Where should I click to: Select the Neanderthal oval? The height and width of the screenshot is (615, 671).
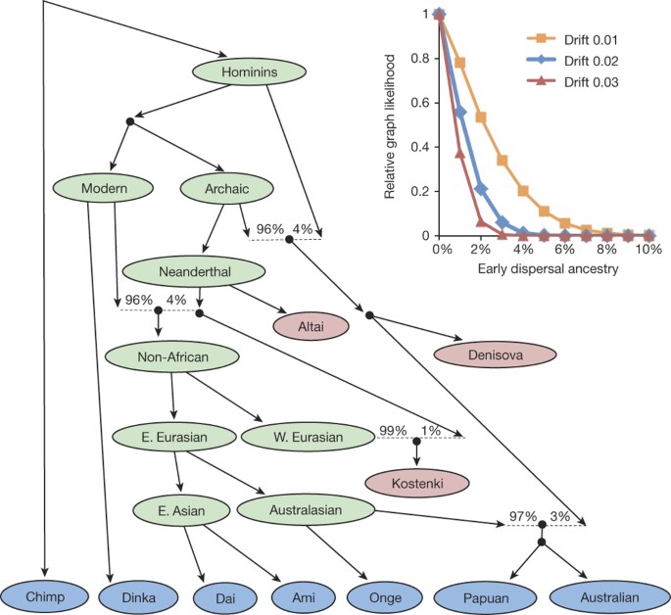click(x=195, y=269)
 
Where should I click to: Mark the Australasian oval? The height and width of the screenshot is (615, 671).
click(x=307, y=509)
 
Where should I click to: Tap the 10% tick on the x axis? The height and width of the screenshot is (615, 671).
click(x=648, y=251)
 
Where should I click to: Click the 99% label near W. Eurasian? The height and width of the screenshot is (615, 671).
click(x=390, y=429)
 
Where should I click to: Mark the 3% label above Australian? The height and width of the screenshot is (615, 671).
click(x=561, y=516)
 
